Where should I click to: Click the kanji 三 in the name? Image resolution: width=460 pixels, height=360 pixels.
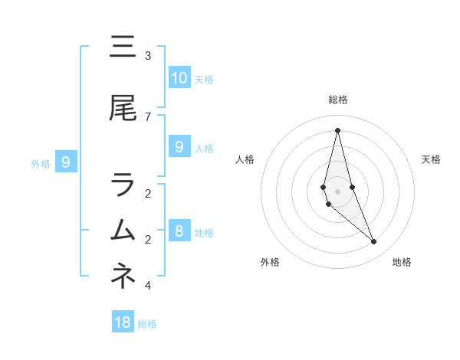click(x=123, y=47)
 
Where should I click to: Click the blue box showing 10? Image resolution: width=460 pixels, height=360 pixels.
click(x=179, y=78)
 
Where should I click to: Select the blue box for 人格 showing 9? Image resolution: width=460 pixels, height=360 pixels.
click(x=179, y=147)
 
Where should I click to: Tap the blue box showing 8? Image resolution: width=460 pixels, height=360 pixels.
click(x=179, y=231)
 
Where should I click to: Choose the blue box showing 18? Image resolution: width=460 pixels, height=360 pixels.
click(x=123, y=322)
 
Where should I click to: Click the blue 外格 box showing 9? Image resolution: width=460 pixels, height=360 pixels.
click(x=66, y=162)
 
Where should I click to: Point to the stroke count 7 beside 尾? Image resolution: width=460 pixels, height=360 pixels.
click(x=147, y=116)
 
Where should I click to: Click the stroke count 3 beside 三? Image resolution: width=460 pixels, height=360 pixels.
click(x=147, y=56)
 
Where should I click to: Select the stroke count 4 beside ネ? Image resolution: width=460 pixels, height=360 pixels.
click(x=147, y=286)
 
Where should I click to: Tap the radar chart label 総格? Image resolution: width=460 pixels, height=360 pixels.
click(x=337, y=100)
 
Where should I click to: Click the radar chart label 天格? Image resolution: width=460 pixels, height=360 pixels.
click(x=431, y=159)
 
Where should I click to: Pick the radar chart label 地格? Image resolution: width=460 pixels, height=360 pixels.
click(x=402, y=263)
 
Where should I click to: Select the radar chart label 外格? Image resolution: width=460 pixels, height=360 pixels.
click(x=270, y=263)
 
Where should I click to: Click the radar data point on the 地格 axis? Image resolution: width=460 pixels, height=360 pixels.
click(x=373, y=242)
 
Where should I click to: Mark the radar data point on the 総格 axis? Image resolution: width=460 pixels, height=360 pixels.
click(x=337, y=130)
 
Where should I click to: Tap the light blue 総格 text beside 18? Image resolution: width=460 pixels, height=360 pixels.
click(x=147, y=324)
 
